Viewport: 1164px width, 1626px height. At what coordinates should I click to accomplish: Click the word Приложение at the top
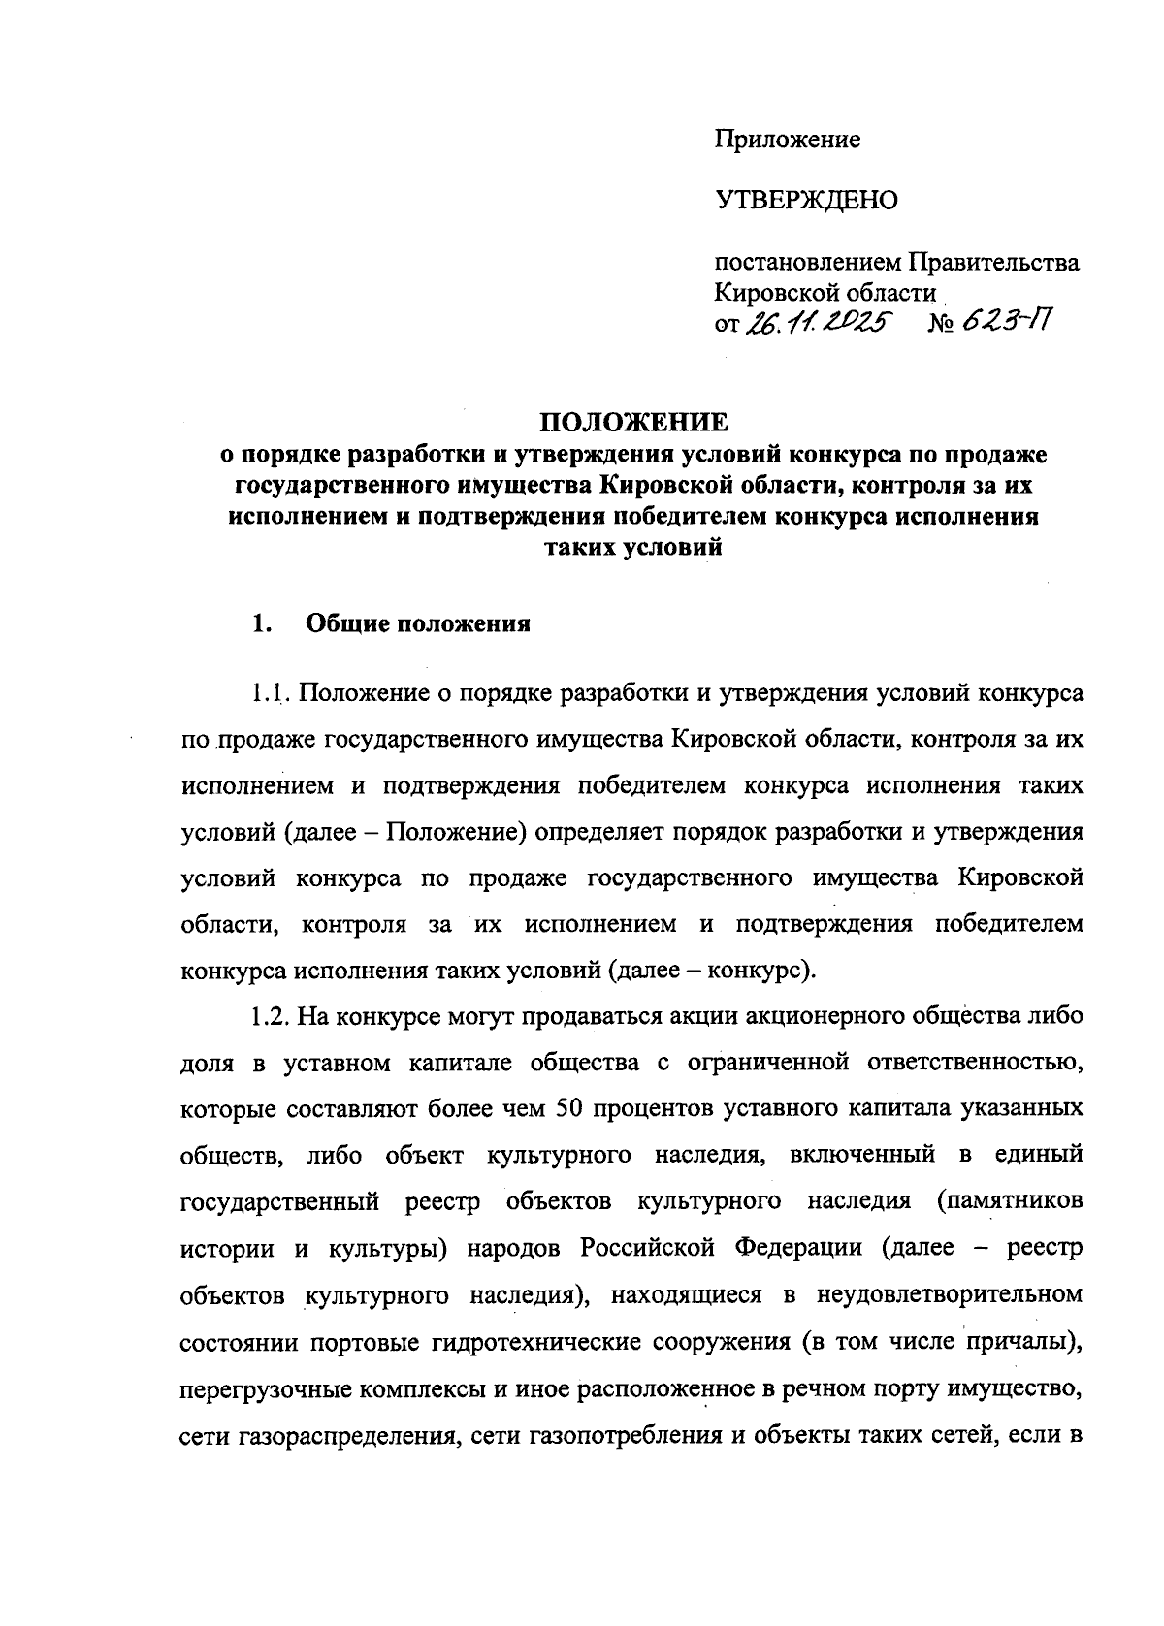(788, 140)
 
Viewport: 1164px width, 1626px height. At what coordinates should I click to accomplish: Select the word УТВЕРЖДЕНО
(807, 201)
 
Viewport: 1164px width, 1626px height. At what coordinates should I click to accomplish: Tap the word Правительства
(992, 263)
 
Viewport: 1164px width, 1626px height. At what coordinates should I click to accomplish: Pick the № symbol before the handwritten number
(944, 324)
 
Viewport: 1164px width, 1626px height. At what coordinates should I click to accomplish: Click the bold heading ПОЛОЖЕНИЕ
(632, 424)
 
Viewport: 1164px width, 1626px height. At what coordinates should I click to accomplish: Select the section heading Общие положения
(418, 623)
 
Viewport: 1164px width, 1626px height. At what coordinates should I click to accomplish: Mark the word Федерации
(801, 1248)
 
